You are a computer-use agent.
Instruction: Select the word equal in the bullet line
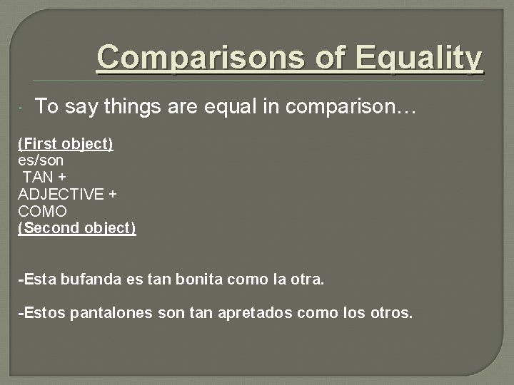[225, 107]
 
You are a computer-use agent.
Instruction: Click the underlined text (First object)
[66, 143]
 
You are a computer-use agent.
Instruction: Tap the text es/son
[41, 160]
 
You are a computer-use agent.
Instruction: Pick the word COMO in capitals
[42, 212]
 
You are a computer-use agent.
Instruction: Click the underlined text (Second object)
[77, 229]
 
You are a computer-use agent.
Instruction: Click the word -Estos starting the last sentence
[42, 312]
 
